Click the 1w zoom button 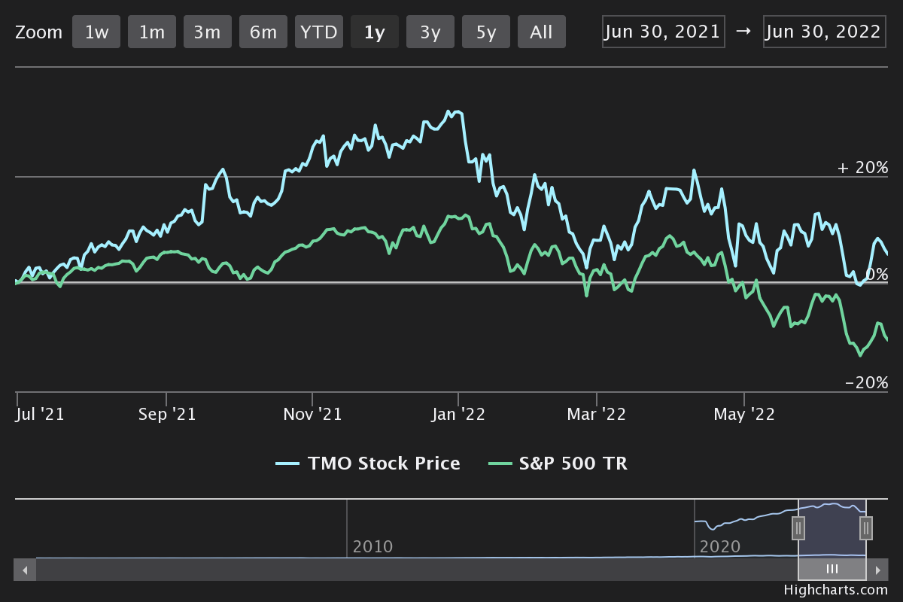pyautogui.click(x=96, y=32)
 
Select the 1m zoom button pyautogui.click(x=152, y=32)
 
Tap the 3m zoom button pyautogui.click(x=208, y=32)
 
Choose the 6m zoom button pyautogui.click(x=263, y=32)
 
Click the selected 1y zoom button pyautogui.click(x=375, y=32)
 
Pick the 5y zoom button pyautogui.click(x=486, y=32)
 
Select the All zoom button pyautogui.click(x=541, y=32)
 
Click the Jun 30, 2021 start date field pyautogui.click(x=663, y=32)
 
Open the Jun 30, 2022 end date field pyautogui.click(x=824, y=32)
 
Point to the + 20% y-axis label pyautogui.click(x=862, y=168)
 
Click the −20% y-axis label pyautogui.click(x=866, y=383)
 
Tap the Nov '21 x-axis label pyautogui.click(x=312, y=415)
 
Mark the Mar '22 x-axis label pyautogui.click(x=596, y=415)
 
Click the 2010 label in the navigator pyautogui.click(x=373, y=546)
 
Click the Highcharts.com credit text pyautogui.click(x=835, y=590)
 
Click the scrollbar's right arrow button pyautogui.click(x=877, y=570)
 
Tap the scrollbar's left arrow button pyautogui.click(x=25, y=570)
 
